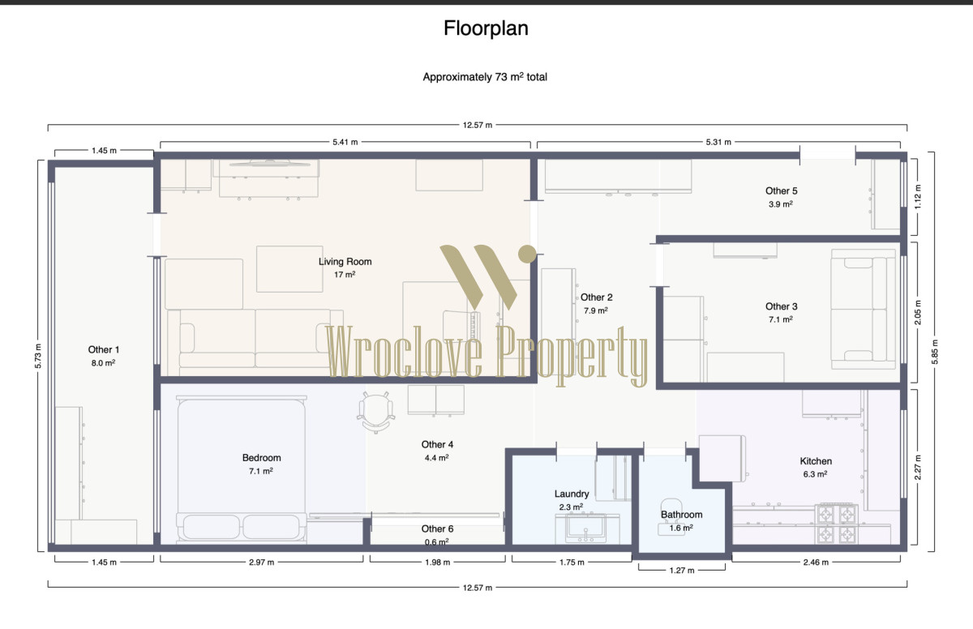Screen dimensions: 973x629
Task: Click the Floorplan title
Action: point(486,28)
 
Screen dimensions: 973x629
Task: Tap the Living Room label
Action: point(345,262)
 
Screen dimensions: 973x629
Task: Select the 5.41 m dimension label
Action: point(345,142)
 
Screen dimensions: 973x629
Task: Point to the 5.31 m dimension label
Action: point(718,142)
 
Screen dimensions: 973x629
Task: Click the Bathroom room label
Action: point(682,515)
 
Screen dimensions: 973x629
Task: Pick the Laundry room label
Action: point(572,494)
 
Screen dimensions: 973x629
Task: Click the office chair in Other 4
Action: point(375,412)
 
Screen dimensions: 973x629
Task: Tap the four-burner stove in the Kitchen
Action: point(836,524)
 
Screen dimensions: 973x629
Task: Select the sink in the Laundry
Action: point(585,528)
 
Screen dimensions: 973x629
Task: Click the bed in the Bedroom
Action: point(242,468)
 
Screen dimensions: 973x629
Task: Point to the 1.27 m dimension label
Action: point(682,571)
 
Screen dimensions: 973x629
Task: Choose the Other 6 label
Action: point(437,528)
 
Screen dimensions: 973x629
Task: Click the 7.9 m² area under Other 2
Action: point(595,310)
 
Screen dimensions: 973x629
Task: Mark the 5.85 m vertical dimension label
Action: point(935,352)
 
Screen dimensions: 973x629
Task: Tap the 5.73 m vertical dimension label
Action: point(38,356)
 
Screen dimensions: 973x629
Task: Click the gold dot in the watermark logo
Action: point(527,254)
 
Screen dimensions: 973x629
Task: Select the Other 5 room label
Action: point(781,191)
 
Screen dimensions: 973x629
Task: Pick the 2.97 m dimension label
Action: point(261,563)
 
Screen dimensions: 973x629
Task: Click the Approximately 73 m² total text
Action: point(485,77)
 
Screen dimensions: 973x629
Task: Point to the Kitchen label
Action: point(816,461)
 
